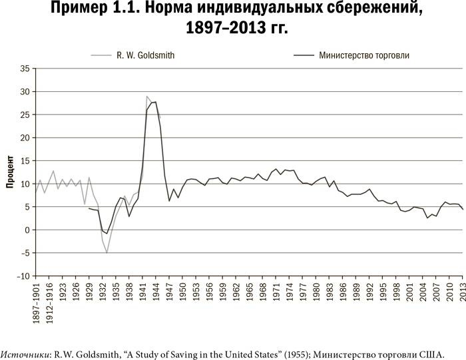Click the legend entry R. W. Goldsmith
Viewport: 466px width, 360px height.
pyautogui.click(x=146, y=56)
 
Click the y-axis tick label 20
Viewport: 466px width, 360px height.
pyautogui.click(x=25, y=138)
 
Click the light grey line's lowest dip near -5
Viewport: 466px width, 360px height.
pyautogui.click(x=107, y=252)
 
